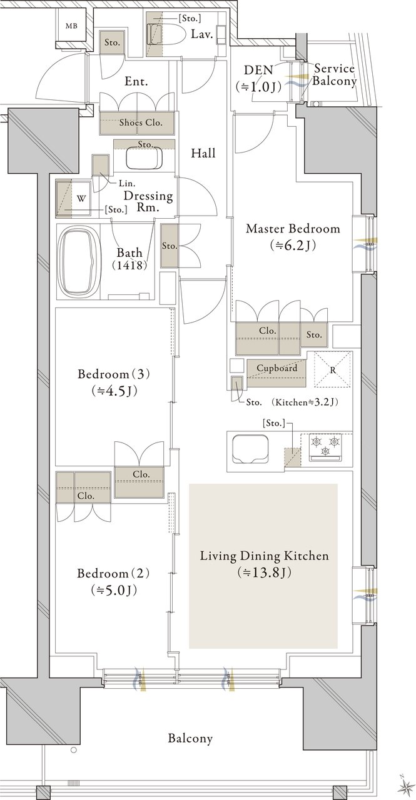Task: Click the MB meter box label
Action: pyautogui.click(x=71, y=26)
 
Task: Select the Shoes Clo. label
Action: pyautogui.click(x=141, y=122)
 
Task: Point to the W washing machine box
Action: pyautogui.click(x=81, y=199)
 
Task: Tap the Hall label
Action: pyautogui.click(x=203, y=153)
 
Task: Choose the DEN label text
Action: pyautogui.click(x=258, y=69)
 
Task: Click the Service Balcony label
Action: pyautogui.click(x=334, y=74)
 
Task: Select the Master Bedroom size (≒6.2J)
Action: pyautogui.click(x=293, y=245)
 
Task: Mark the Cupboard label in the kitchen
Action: pyautogui.click(x=276, y=367)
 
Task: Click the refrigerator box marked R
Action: pyautogui.click(x=333, y=369)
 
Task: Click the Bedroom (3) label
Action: pyautogui.click(x=114, y=374)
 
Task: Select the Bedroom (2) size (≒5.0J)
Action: pyautogui.click(x=114, y=591)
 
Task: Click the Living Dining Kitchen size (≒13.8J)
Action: pyautogui.click(x=264, y=572)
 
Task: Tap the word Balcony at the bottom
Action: pyautogui.click(x=190, y=738)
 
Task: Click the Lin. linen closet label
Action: pyautogui.click(x=127, y=184)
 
